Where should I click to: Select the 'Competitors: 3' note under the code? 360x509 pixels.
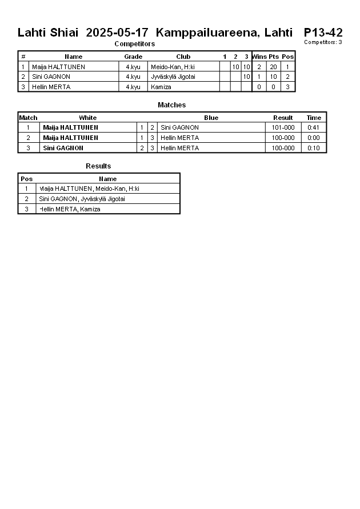(x=323, y=42)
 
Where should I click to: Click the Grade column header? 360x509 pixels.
(x=133, y=57)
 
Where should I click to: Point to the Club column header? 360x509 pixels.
(x=183, y=57)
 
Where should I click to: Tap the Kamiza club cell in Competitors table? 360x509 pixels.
(x=157, y=87)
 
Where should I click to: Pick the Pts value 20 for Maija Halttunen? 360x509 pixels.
(x=273, y=67)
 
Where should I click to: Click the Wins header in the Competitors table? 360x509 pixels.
(x=259, y=57)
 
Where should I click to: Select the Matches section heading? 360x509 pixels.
(x=171, y=105)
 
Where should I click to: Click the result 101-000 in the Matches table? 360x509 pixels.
(x=283, y=127)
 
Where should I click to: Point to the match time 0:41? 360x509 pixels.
(x=314, y=127)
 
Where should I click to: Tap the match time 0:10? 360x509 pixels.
(x=314, y=148)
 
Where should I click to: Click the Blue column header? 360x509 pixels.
(x=211, y=118)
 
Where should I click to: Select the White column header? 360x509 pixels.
(x=88, y=118)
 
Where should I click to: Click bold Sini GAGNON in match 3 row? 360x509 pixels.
(x=63, y=148)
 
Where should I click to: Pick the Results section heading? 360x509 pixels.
(x=98, y=166)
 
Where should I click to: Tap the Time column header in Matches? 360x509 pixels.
(x=314, y=118)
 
